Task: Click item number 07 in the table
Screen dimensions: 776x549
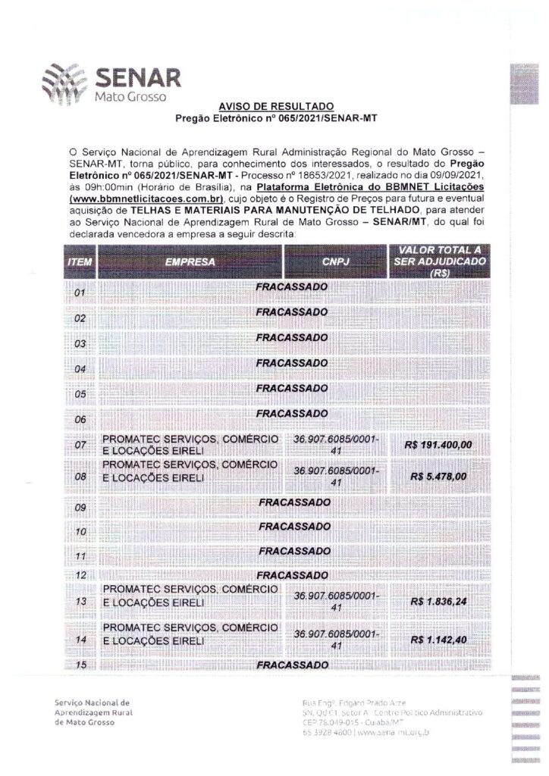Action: click(80, 446)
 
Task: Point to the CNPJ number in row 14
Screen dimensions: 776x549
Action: click(335, 640)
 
